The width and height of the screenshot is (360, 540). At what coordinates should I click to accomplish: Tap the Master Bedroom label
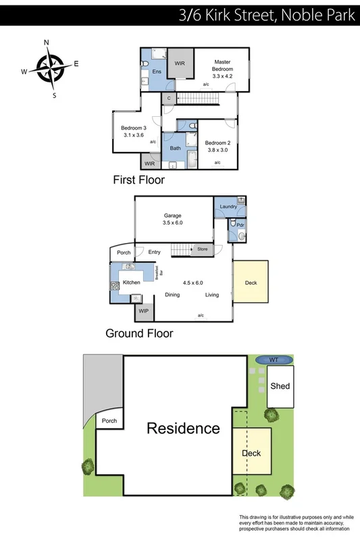pyautogui.click(x=222, y=65)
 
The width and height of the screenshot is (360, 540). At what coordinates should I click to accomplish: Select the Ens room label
pyautogui.click(x=156, y=71)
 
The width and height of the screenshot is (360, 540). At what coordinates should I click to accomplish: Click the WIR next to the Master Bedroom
pyautogui.click(x=179, y=63)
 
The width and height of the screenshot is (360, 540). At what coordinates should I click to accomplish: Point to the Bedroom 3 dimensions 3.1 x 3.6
pyautogui.click(x=134, y=135)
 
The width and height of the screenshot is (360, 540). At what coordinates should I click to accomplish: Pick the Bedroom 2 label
pyautogui.click(x=218, y=143)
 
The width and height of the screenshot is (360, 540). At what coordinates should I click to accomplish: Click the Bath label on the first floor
pyautogui.click(x=175, y=148)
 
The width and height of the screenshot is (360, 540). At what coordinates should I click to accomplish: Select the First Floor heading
pyautogui.click(x=138, y=180)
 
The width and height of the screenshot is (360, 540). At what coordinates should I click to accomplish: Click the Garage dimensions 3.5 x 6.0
pyautogui.click(x=173, y=222)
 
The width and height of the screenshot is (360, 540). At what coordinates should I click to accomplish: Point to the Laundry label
pyautogui.click(x=227, y=207)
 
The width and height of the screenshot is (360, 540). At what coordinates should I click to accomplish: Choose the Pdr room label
pyautogui.click(x=239, y=224)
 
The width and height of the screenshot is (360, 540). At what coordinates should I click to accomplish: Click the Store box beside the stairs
pyautogui.click(x=203, y=250)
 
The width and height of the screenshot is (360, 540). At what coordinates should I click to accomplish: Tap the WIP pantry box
pyautogui.click(x=143, y=311)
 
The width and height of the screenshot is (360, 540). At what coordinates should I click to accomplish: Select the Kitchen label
pyautogui.click(x=131, y=282)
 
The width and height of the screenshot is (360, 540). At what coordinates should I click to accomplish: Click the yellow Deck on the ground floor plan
pyautogui.click(x=251, y=283)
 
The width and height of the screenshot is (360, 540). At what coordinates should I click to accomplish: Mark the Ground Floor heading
pyautogui.click(x=139, y=333)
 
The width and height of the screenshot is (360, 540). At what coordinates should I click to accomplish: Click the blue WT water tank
pyautogui.click(x=273, y=360)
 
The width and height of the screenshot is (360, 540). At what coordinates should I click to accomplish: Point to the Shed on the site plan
pyautogui.click(x=280, y=386)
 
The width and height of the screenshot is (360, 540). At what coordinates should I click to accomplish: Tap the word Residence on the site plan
pyautogui.click(x=183, y=428)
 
